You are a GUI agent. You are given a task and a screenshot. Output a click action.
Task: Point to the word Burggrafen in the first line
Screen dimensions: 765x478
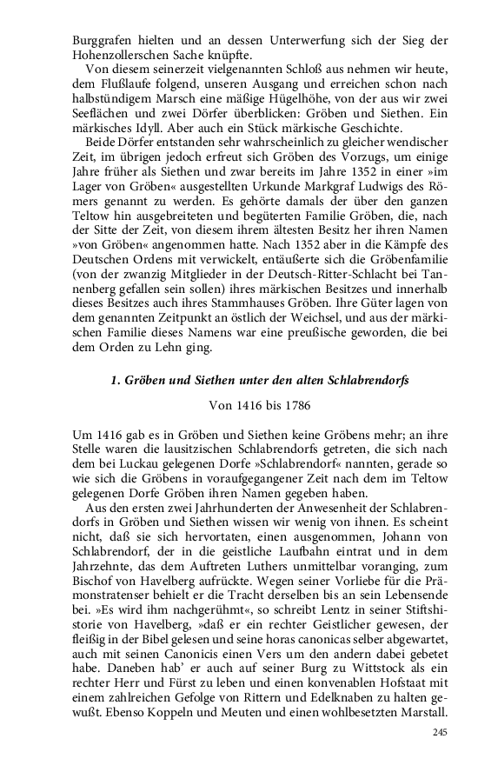point(90,40)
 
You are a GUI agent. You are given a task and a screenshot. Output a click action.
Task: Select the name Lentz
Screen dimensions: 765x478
point(285,634)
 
